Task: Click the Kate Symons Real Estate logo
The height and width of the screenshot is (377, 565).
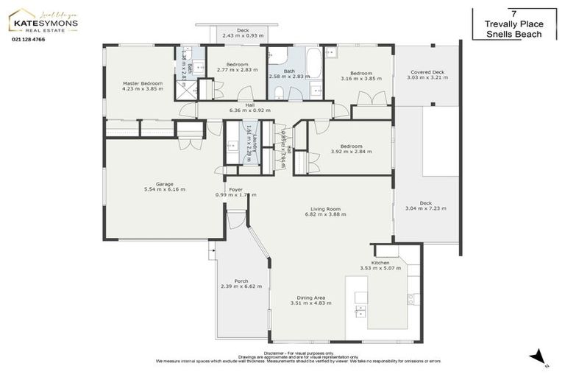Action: pos(43,21)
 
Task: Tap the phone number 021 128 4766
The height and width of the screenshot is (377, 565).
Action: pos(28,39)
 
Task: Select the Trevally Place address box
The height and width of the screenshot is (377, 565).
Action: pos(513,24)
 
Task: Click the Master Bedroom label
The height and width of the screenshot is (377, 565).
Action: pos(142,84)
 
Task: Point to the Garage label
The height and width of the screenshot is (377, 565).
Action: pos(164,183)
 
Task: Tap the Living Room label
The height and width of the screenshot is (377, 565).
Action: pos(325,208)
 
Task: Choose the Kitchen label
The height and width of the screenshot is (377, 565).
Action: pos(380,263)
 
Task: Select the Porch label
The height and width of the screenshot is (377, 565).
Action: pos(241,281)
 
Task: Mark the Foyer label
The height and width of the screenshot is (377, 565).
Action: pos(235,189)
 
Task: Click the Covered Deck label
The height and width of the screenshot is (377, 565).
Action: pos(427,72)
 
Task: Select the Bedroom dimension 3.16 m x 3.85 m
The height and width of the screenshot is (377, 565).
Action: pos(360,79)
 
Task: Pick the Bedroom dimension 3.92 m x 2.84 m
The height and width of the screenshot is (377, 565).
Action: pos(351,152)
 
